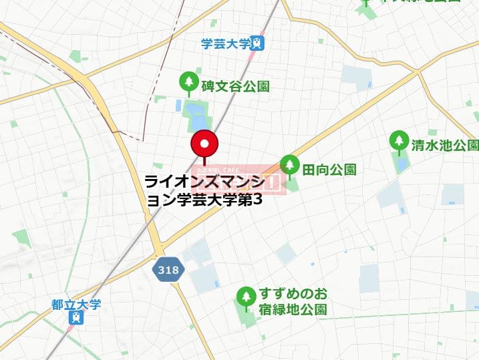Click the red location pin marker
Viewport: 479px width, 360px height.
[204, 144]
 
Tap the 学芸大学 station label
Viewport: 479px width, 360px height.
[225, 44]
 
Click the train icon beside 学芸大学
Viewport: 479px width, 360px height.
[257, 44]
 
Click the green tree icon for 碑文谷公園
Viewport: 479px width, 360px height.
[189, 81]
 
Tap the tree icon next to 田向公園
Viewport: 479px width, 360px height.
[289, 164]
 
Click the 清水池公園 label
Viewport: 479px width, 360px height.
[445, 145]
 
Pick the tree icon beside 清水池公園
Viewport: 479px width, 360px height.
[400, 141]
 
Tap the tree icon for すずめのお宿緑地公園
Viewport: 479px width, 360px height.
[247, 295]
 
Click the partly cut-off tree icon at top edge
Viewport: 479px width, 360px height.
[366, 2]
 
